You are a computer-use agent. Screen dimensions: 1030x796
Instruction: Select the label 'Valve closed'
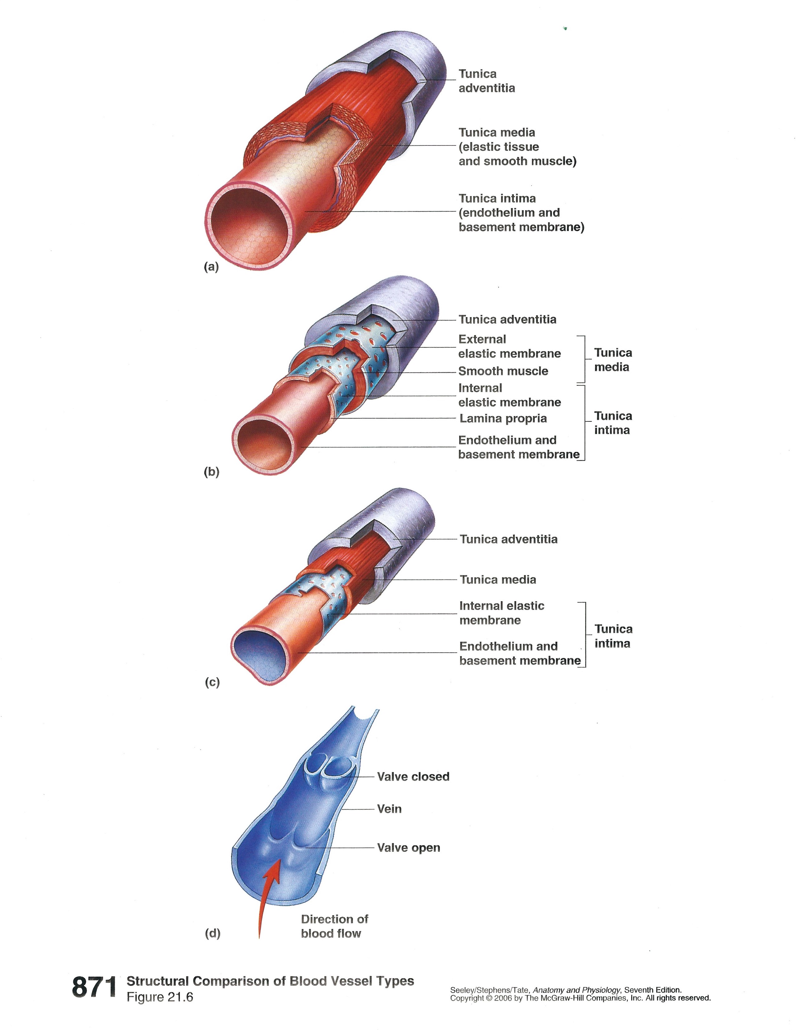click(413, 777)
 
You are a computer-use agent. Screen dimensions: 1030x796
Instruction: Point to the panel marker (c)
click(212, 682)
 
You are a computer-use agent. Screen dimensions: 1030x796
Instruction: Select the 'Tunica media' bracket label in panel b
click(612, 360)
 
